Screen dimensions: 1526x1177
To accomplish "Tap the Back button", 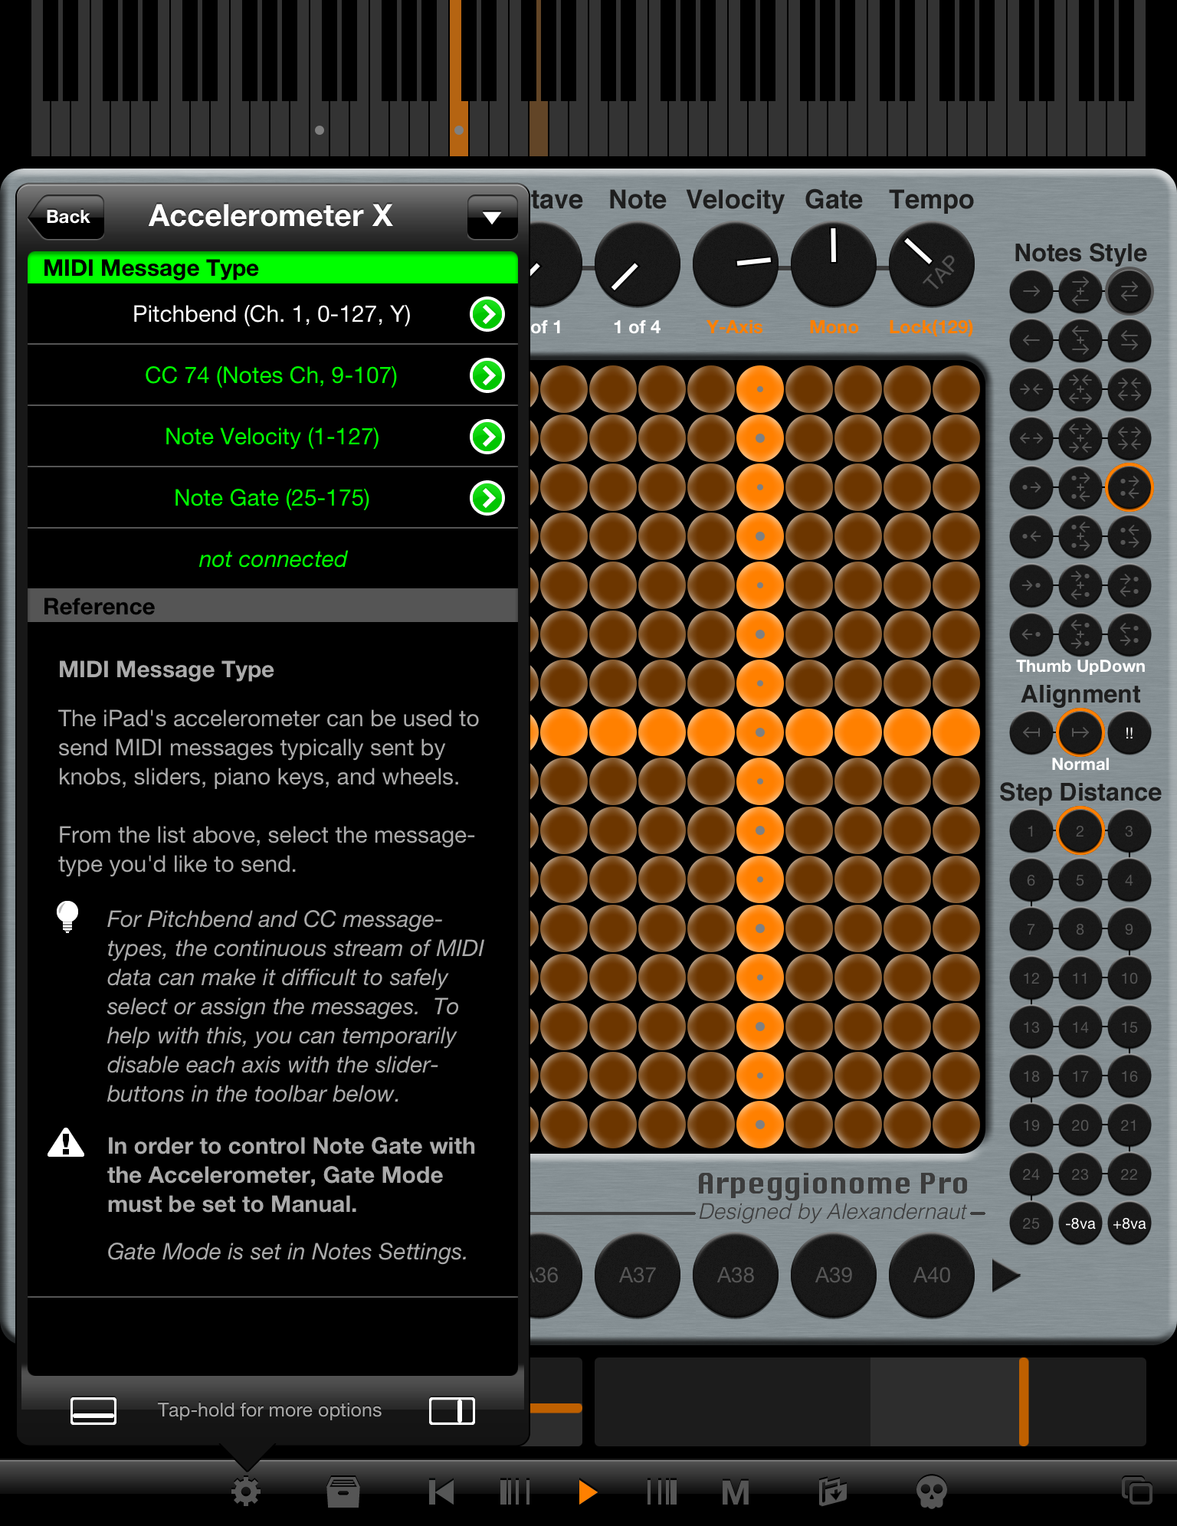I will coord(67,217).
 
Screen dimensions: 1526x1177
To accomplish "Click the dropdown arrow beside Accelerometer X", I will coord(491,218).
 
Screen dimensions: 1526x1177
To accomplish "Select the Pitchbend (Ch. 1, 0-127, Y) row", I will coord(272,314).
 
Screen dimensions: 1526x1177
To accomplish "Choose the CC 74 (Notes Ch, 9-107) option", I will coord(272,375).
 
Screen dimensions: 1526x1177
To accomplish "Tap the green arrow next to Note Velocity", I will coord(487,437).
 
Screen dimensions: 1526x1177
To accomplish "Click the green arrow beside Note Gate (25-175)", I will coord(487,498).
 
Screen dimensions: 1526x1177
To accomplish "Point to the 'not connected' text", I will coord(273,559).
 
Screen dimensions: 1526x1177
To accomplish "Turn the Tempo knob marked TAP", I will coord(931,265).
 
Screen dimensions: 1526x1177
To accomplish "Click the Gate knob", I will coord(833,265).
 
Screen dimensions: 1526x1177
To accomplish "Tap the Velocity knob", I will coord(735,265).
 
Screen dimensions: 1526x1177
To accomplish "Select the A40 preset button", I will coord(931,1275).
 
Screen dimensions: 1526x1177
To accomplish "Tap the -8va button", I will coord(1080,1223).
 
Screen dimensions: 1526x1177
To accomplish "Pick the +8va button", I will coord(1129,1223).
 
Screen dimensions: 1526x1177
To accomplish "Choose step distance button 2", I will coord(1080,831).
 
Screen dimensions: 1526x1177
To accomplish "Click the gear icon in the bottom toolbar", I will coord(246,1492).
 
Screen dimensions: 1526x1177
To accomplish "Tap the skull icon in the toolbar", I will coord(931,1492).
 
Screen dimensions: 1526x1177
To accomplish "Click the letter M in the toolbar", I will coord(735,1492).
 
